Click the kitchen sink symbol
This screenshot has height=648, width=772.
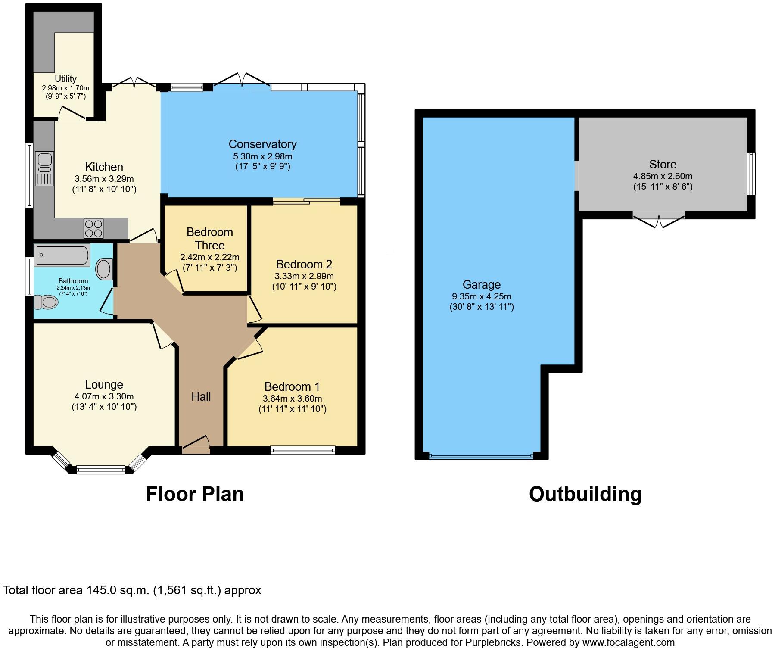tap(45, 168)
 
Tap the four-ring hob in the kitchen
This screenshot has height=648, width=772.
tap(93, 228)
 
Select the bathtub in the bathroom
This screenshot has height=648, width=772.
tap(62, 255)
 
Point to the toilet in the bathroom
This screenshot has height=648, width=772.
tap(46, 302)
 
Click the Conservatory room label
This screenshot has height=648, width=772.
tap(262, 144)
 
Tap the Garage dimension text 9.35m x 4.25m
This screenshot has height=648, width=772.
tap(481, 296)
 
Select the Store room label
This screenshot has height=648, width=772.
tap(663, 164)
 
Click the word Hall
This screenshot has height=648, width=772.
tap(201, 396)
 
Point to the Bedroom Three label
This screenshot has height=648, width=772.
tap(210, 239)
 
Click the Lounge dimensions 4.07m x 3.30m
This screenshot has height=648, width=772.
tap(104, 396)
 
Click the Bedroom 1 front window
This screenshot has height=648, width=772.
tap(303, 450)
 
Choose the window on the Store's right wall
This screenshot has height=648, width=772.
tap(751, 174)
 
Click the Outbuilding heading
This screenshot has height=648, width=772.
tap(585, 494)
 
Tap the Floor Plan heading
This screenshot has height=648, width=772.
tap(195, 494)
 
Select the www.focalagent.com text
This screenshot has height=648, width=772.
tap(627, 642)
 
